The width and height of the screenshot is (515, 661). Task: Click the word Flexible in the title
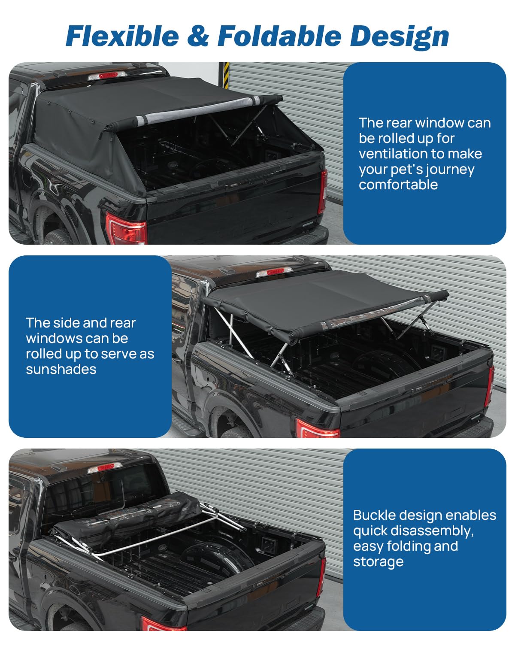click(x=122, y=36)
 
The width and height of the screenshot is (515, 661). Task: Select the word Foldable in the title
click(x=280, y=36)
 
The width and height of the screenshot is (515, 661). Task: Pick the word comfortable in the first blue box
click(x=398, y=184)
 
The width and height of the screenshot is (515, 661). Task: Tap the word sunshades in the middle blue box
click(x=61, y=369)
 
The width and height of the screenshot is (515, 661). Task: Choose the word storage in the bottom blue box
click(x=378, y=562)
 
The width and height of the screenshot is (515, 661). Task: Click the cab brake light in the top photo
click(x=108, y=76)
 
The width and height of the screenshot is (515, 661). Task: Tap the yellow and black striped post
click(x=226, y=76)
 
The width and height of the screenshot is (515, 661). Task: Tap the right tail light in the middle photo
click(x=489, y=386)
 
